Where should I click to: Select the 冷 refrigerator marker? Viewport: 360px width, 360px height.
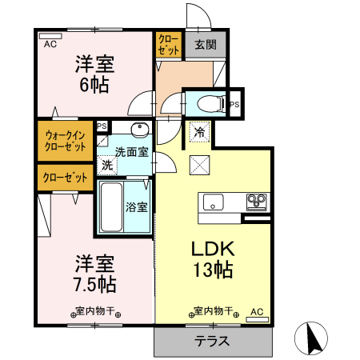(x=198, y=133)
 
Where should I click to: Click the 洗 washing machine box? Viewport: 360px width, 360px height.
(x=106, y=165)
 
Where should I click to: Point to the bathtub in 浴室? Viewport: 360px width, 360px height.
(x=111, y=207)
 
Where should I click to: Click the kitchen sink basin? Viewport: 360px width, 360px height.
(x=214, y=200)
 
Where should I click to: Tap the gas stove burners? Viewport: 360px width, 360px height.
(x=256, y=200)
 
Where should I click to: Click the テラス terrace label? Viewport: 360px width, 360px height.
(x=213, y=340)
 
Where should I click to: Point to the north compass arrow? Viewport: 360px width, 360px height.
(x=313, y=338)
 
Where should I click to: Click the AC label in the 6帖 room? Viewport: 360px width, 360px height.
(x=50, y=45)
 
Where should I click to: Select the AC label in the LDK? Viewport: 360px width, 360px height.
(x=257, y=311)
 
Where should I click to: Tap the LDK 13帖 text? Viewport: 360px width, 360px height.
(x=212, y=259)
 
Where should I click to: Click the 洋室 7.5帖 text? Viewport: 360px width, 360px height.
(x=95, y=273)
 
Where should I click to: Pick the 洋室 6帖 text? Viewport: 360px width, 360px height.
(x=94, y=74)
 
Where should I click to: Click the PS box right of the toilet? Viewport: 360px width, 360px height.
(x=234, y=105)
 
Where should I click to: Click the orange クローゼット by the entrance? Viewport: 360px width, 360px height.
(x=168, y=44)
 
